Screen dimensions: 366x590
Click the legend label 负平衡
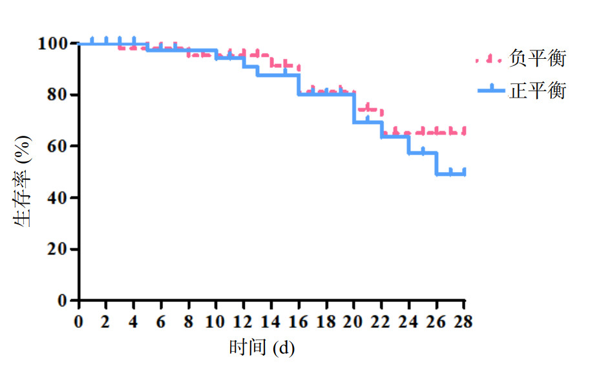537,59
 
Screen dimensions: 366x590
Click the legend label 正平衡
537,91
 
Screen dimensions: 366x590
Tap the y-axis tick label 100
51,44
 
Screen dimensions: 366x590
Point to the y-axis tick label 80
56,95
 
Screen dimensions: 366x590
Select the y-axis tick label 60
56,146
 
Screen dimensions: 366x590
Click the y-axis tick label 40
56,198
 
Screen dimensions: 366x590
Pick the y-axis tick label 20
56,250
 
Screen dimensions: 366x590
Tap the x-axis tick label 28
464,321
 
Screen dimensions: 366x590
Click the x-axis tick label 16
299,321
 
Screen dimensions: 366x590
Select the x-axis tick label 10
216,321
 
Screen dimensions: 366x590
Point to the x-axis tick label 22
382,321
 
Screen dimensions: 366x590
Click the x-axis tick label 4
134,321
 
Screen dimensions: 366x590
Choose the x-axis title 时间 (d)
262,348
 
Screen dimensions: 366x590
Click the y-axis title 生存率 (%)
22,180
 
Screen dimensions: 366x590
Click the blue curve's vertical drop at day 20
354,108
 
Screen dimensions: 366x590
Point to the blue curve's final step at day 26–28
450,174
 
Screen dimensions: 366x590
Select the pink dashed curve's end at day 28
463,133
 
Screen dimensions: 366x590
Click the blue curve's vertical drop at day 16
299,85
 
